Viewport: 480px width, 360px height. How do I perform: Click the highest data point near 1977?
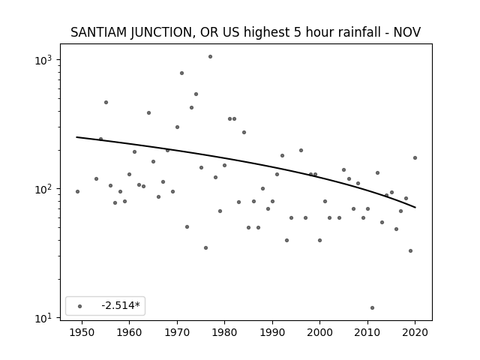[x=210, y=57]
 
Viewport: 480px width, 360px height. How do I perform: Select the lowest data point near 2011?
[x=372, y=308]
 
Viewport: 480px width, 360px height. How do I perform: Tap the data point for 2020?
[x=415, y=158]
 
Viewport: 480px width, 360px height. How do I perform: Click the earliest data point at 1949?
[x=77, y=192]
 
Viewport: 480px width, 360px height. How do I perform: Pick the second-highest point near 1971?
[x=181, y=73]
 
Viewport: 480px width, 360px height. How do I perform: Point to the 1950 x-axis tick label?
[x=82, y=332]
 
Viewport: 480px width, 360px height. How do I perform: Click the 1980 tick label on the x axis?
[x=225, y=332]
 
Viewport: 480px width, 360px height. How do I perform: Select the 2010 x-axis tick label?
[x=367, y=332]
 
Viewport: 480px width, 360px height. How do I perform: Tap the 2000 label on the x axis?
[x=320, y=332]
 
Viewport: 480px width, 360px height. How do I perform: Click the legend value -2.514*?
[x=121, y=305]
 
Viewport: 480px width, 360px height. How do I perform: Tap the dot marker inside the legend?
[x=80, y=306]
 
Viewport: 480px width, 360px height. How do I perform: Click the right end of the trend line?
[x=415, y=208]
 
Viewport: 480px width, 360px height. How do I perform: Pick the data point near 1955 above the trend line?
[x=106, y=103]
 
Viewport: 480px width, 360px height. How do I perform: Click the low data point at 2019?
[x=410, y=251]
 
